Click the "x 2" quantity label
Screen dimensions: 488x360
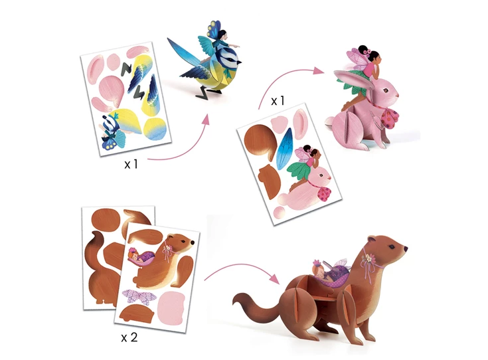[x=129, y=337]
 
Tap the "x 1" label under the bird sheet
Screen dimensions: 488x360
[x=131, y=164]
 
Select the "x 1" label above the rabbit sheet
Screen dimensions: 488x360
[x=278, y=101]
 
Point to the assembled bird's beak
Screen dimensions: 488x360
[x=239, y=62]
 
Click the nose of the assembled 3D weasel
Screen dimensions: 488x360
[x=406, y=248]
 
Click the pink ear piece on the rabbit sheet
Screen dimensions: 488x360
[x=300, y=124]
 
